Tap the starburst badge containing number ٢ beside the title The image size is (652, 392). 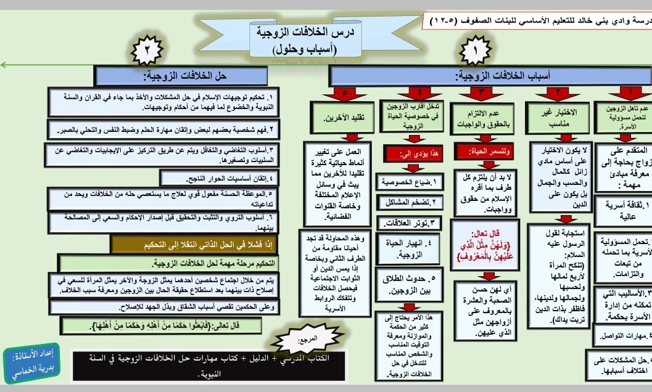click(147, 54)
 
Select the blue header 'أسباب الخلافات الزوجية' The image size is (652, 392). click(490, 76)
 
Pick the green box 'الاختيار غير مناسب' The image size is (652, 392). click(557, 117)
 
